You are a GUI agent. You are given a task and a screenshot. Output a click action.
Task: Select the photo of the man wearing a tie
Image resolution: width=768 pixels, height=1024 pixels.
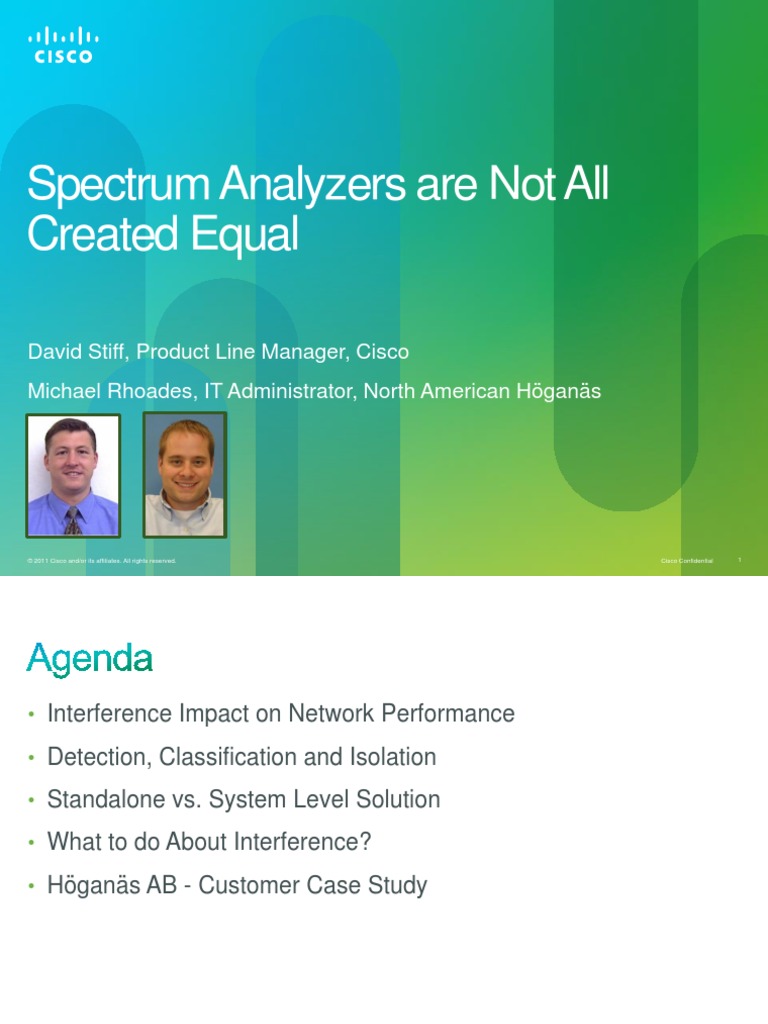(73, 476)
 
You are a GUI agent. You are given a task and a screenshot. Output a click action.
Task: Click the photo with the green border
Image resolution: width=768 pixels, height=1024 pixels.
(185, 474)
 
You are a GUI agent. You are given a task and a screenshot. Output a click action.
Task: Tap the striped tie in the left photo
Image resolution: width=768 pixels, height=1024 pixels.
(72, 520)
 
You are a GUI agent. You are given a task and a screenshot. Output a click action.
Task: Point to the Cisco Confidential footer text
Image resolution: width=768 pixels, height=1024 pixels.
(687, 561)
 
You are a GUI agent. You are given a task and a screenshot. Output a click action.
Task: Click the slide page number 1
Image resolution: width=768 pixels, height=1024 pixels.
(739, 560)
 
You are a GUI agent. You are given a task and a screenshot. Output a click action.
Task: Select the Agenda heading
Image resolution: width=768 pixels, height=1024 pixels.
(89, 659)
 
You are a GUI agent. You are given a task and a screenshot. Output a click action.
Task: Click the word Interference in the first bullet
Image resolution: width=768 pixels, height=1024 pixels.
(109, 714)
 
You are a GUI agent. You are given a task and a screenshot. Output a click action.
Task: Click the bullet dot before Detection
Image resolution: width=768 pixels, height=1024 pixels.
(32, 758)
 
